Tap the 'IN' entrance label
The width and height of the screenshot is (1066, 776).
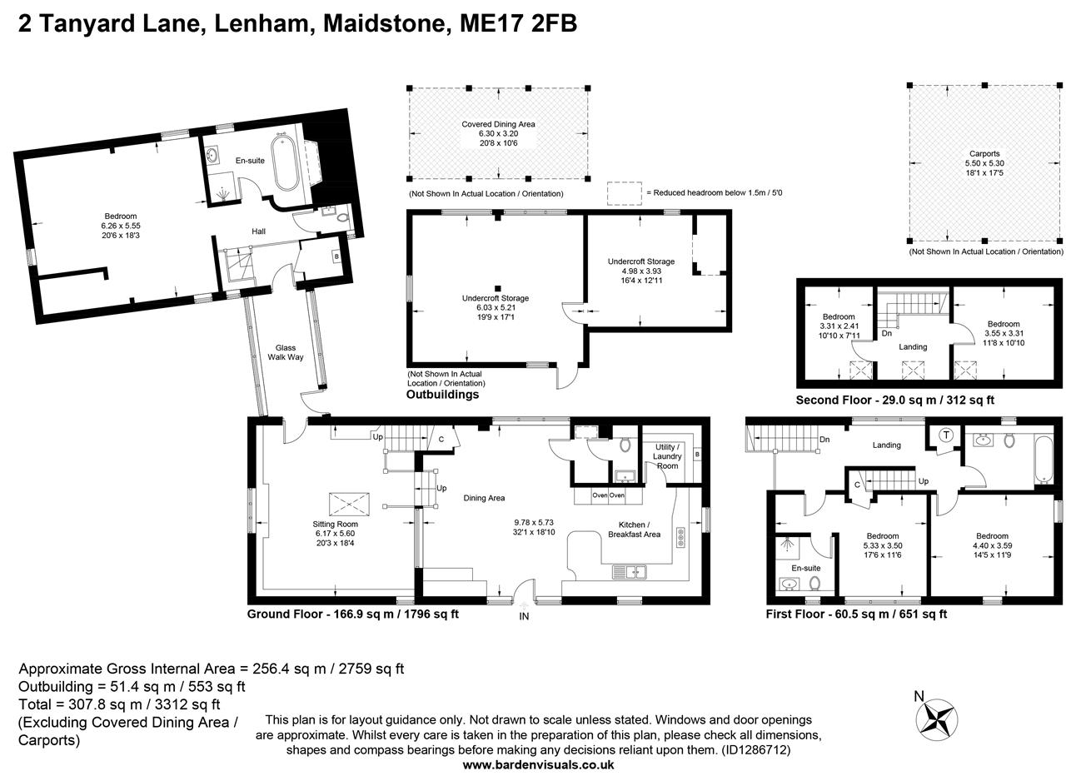pos(524,617)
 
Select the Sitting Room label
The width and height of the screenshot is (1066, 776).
pos(335,524)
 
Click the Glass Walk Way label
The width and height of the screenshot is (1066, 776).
pos(285,352)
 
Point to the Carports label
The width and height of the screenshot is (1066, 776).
pos(984,154)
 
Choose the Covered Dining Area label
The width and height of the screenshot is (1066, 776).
pos(498,124)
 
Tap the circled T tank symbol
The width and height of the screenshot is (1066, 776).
pos(946,435)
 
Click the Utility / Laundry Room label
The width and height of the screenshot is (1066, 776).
pos(667,456)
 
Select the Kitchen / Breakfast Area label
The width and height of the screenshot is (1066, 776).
pos(634,530)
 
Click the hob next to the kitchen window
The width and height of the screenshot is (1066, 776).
pos(680,537)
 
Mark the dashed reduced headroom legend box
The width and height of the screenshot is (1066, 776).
pos(625,194)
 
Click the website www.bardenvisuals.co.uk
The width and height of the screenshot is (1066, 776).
pos(538,765)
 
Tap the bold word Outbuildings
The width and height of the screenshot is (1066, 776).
pos(442,395)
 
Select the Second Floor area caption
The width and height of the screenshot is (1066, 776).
pos(894,400)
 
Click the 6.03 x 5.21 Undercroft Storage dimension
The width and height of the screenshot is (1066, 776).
pos(496,307)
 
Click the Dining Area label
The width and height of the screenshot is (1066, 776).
pos(484,498)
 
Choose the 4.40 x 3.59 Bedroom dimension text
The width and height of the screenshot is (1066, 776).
pos(992,545)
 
